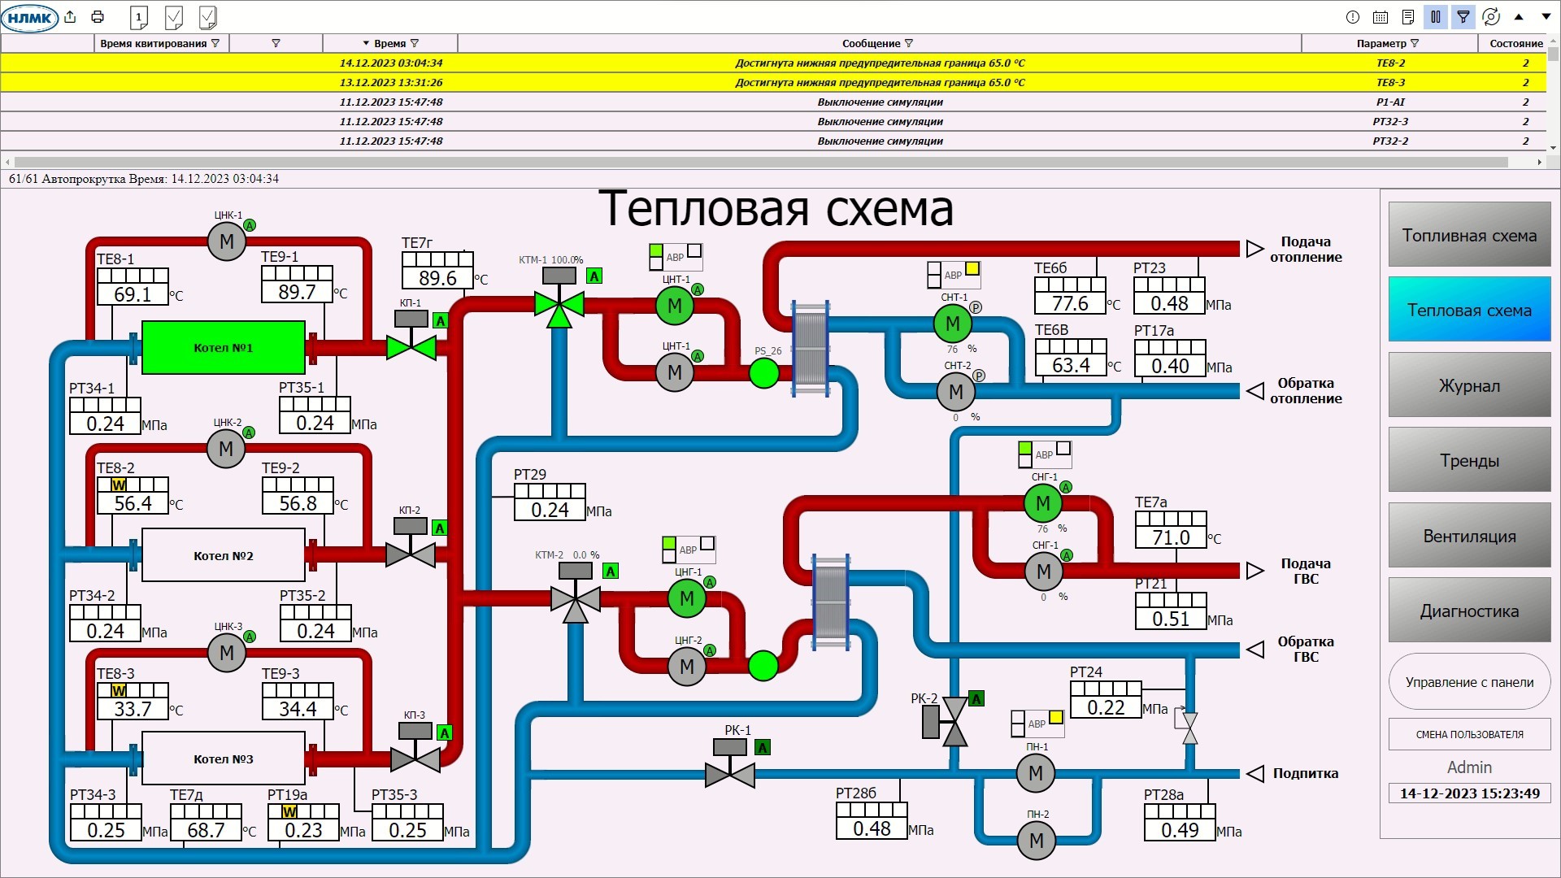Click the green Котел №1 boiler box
(x=223, y=348)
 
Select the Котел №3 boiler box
(x=223, y=758)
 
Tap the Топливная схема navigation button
(x=1469, y=235)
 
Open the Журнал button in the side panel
(x=1469, y=385)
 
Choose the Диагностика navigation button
(x=1469, y=611)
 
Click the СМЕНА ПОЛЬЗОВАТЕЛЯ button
(x=1469, y=734)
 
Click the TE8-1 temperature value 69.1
(x=133, y=294)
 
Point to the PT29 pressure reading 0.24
(x=550, y=510)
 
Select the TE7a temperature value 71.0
(x=1171, y=537)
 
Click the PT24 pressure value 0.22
(x=1106, y=707)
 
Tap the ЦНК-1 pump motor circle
(x=227, y=241)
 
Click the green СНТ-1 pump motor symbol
(x=953, y=324)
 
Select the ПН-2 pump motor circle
(x=1037, y=841)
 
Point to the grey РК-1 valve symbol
(x=730, y=775)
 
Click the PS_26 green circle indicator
(x=763, y=373)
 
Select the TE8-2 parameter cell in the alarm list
(x=1390, y=63)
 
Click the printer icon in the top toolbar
(x=98, y=16)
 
